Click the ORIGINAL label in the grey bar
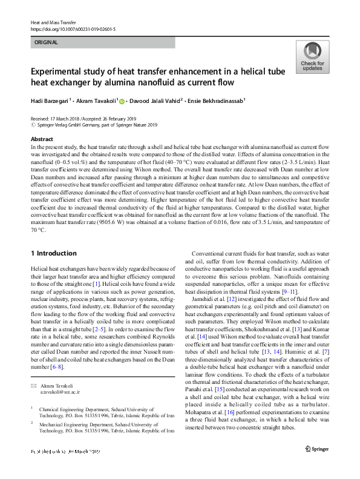click(47, 43)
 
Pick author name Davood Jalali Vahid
click(157, 101)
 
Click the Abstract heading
click(42, 139)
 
